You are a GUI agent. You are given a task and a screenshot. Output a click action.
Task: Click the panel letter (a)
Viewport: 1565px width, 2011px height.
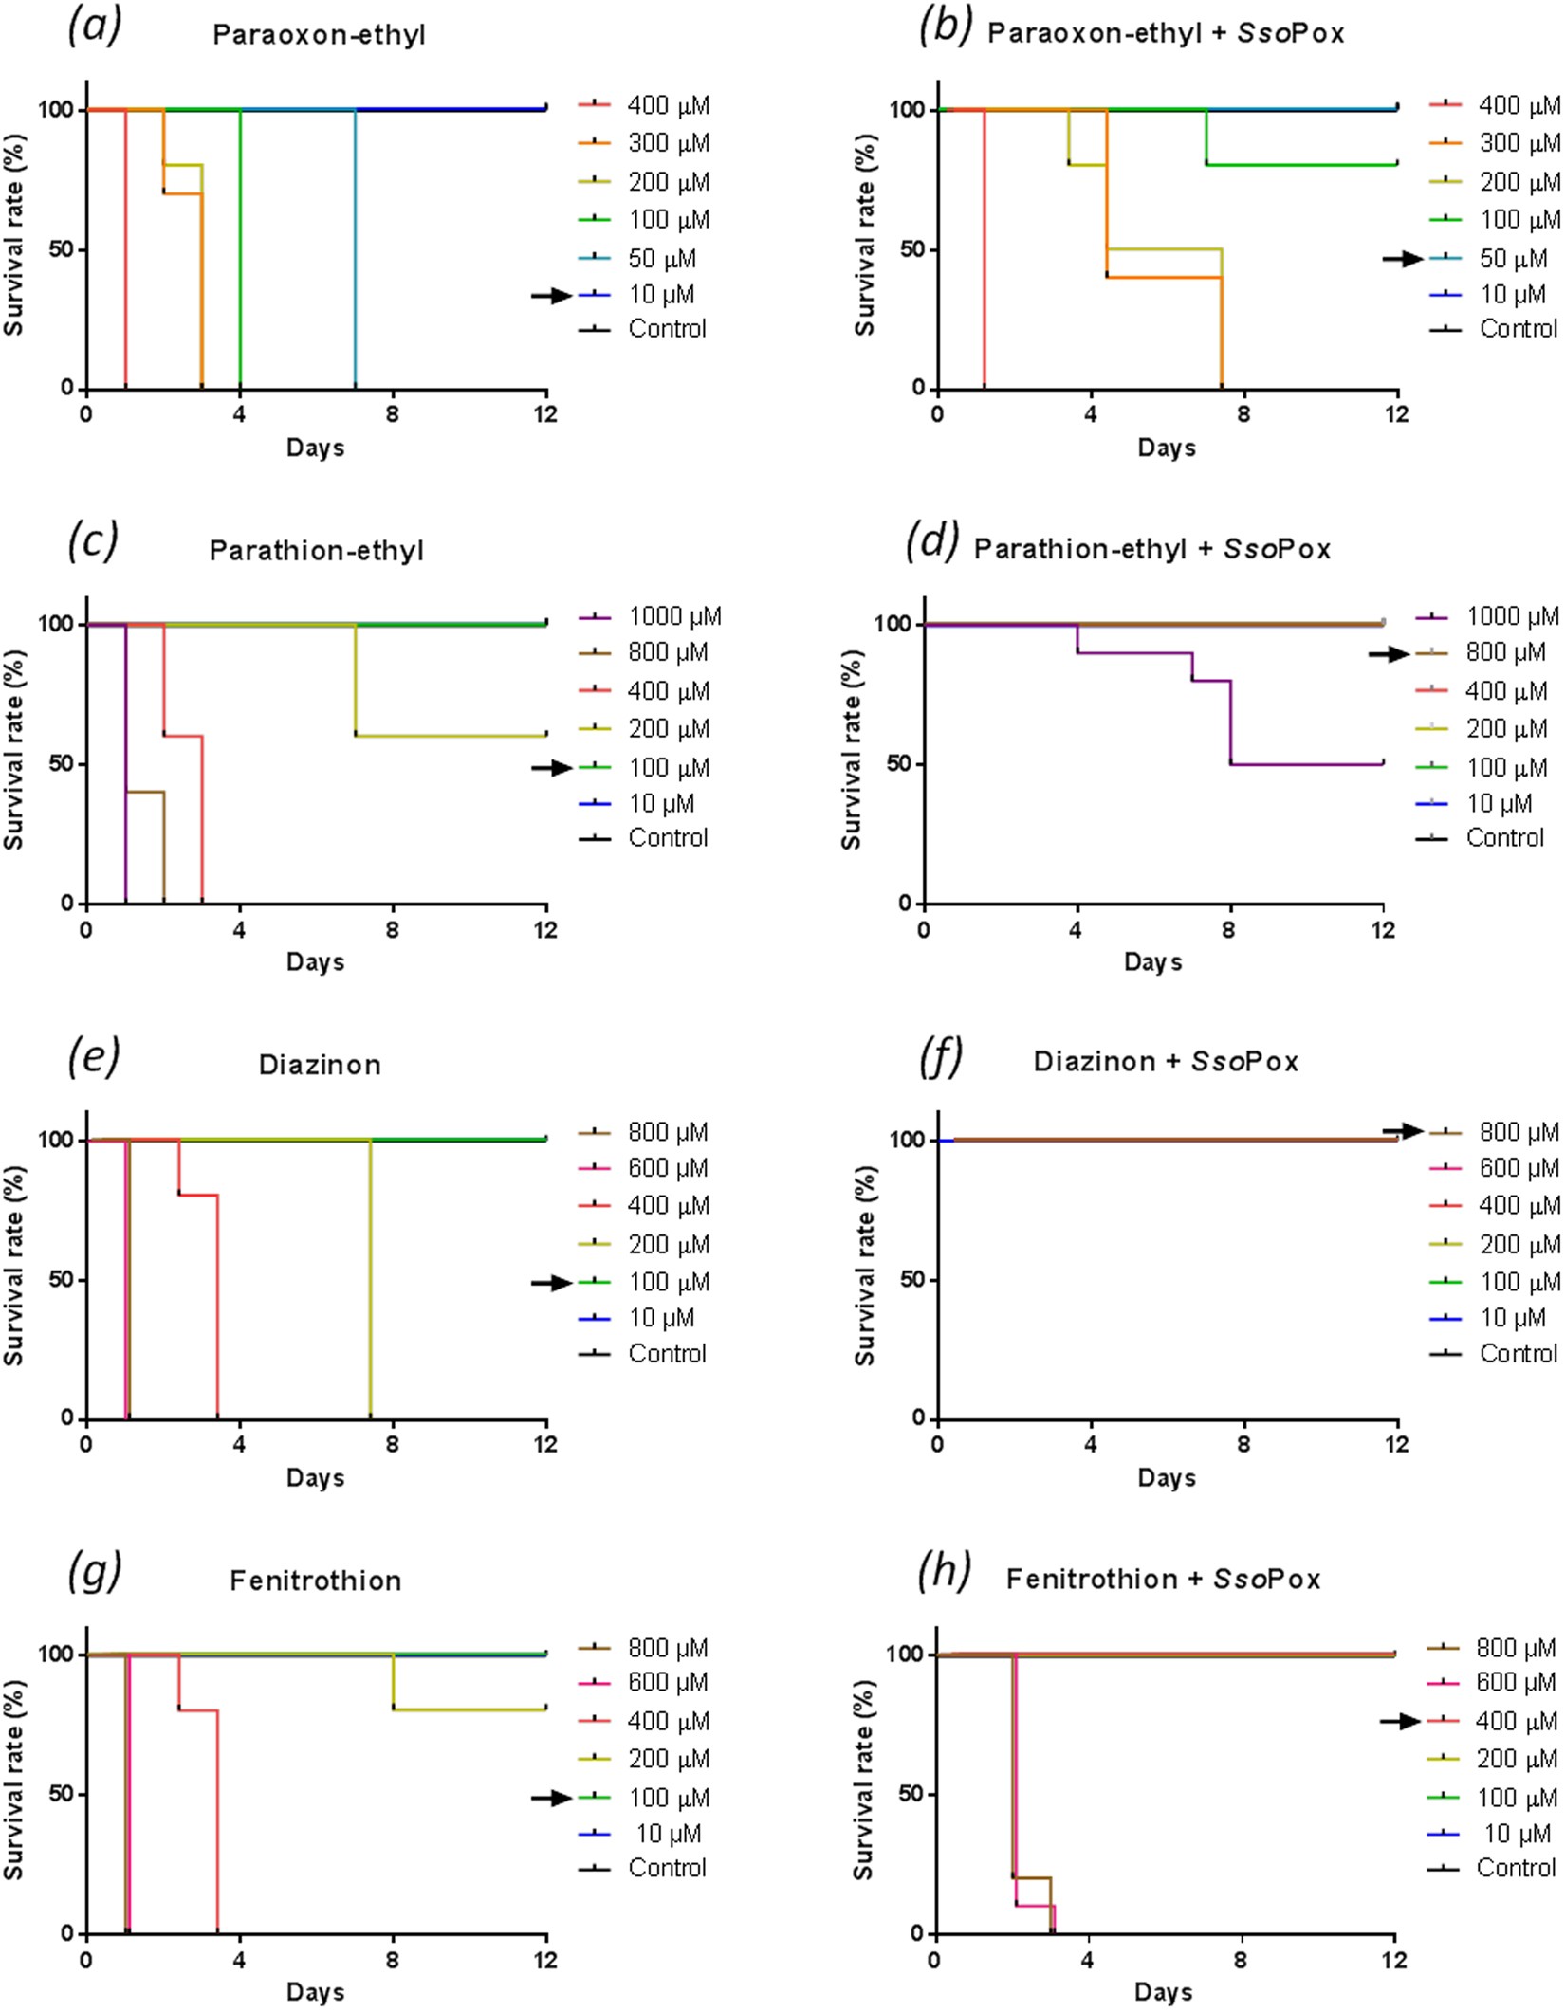[94, 27]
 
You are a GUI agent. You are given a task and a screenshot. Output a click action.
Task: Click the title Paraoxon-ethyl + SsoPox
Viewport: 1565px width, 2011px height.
[1166, 33]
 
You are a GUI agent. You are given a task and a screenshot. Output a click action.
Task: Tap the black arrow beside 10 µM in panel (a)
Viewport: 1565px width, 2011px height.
[551, 296]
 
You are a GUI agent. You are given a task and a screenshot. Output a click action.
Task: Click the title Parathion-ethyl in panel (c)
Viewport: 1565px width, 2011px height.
[316, 550]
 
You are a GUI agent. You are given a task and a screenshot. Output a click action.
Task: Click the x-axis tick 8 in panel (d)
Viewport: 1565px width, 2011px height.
[1228, 929]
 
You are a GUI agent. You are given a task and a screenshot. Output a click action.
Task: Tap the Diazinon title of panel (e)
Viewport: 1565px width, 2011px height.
[320, 1064]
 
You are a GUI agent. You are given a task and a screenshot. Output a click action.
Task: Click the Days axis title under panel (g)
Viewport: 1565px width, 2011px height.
[315, 1991]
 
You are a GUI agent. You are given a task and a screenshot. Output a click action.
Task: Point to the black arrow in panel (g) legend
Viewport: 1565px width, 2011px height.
[551, 1798]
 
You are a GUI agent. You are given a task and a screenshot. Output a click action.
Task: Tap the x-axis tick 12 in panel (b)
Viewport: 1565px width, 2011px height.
[1396, 414]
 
